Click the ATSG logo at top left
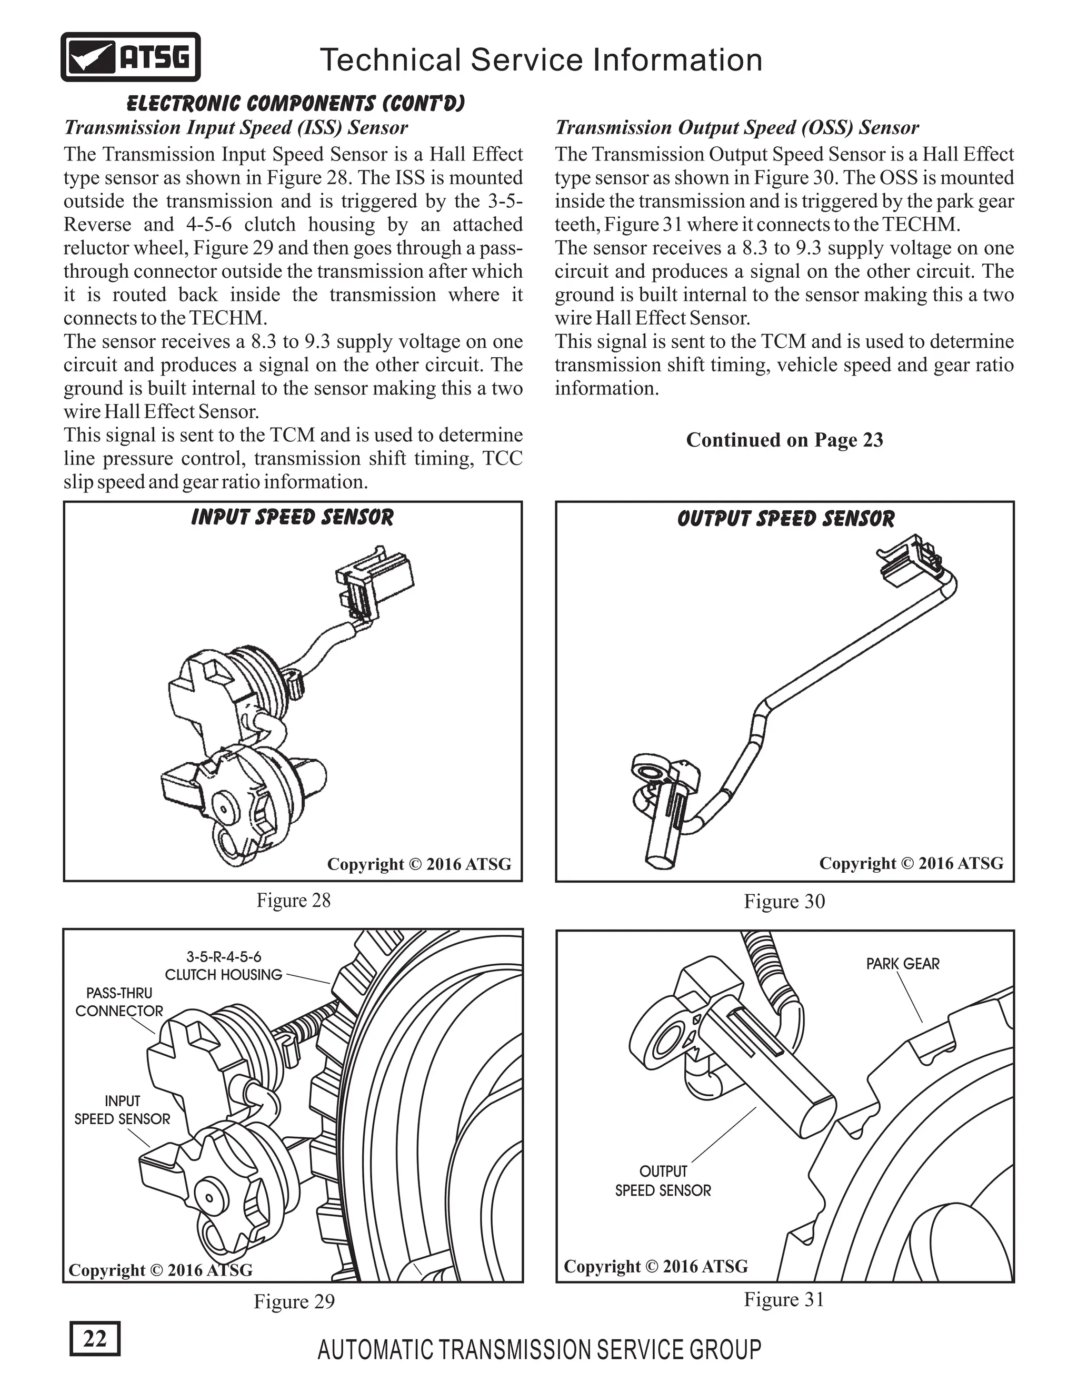[131, 57]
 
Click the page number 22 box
[95, 1338]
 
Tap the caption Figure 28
[293, 901]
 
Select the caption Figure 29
[294, 1301]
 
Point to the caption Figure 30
[784, 901]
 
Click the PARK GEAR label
[902, 964]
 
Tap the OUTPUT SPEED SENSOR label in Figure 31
[663, 1181]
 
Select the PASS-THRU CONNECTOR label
[119, 1002]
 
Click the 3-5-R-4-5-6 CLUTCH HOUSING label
[224, 966]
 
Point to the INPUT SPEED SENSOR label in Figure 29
[122, 1110]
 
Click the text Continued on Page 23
[784, 440]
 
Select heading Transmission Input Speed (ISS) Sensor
[236, 128]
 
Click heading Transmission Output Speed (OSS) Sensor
[736, 128]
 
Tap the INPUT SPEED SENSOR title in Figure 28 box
[293, 517]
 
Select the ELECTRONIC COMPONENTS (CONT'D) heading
[296, 104]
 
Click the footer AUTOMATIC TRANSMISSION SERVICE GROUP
[539, 1350]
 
